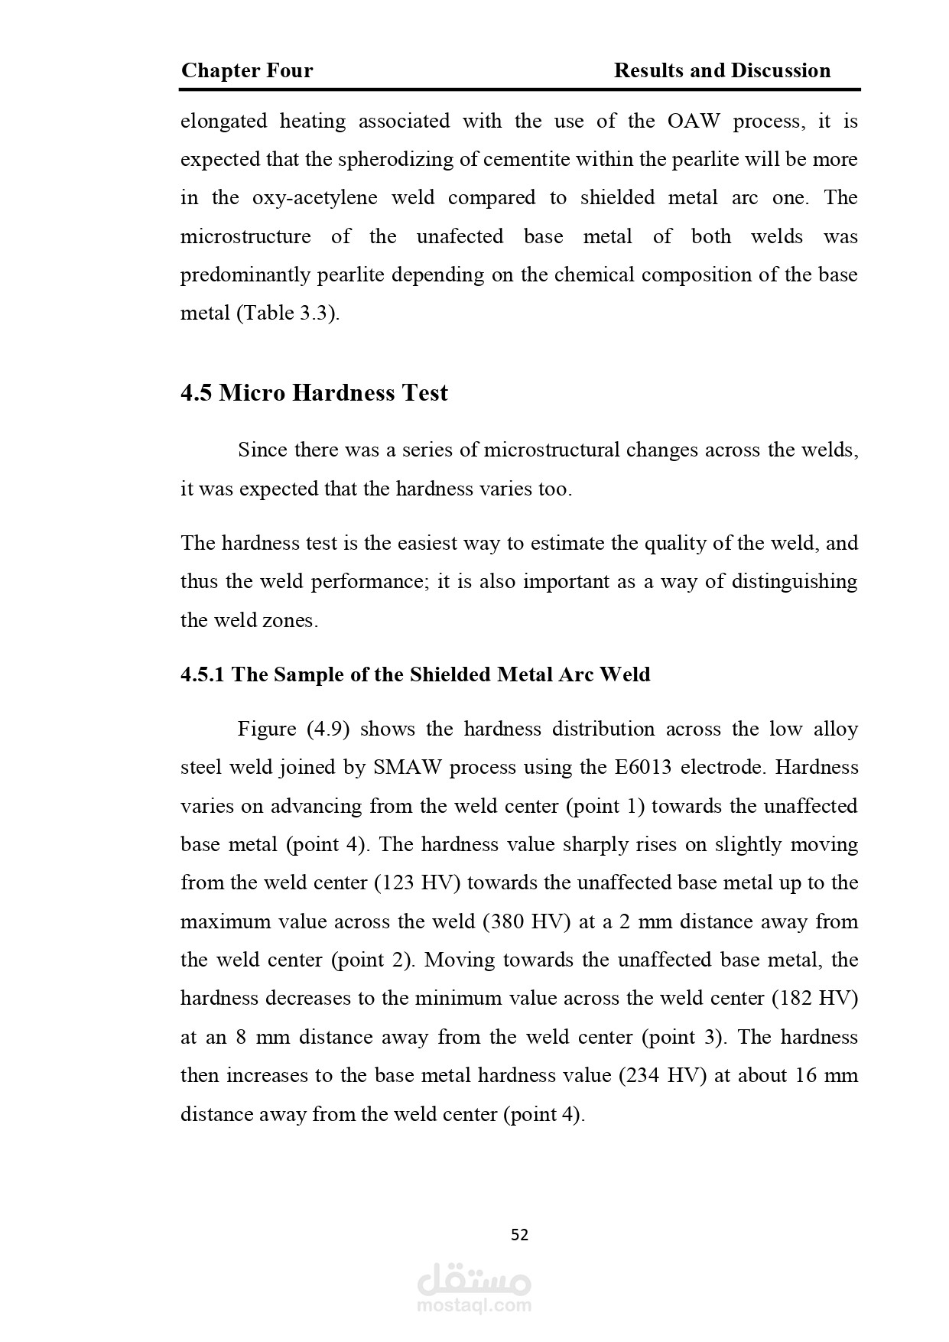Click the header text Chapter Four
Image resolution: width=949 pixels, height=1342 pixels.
pos(247,71)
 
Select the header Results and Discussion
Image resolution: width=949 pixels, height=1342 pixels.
pos(722,71)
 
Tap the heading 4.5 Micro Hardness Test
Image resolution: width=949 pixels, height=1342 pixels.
pos(314,393)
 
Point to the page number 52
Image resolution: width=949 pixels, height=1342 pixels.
pos(519,1234)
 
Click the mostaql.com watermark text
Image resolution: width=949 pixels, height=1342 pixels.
pos(474,1306)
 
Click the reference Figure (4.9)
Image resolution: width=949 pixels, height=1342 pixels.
pos(293,729)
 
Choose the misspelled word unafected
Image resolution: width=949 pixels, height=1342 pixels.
pos(460,236)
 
